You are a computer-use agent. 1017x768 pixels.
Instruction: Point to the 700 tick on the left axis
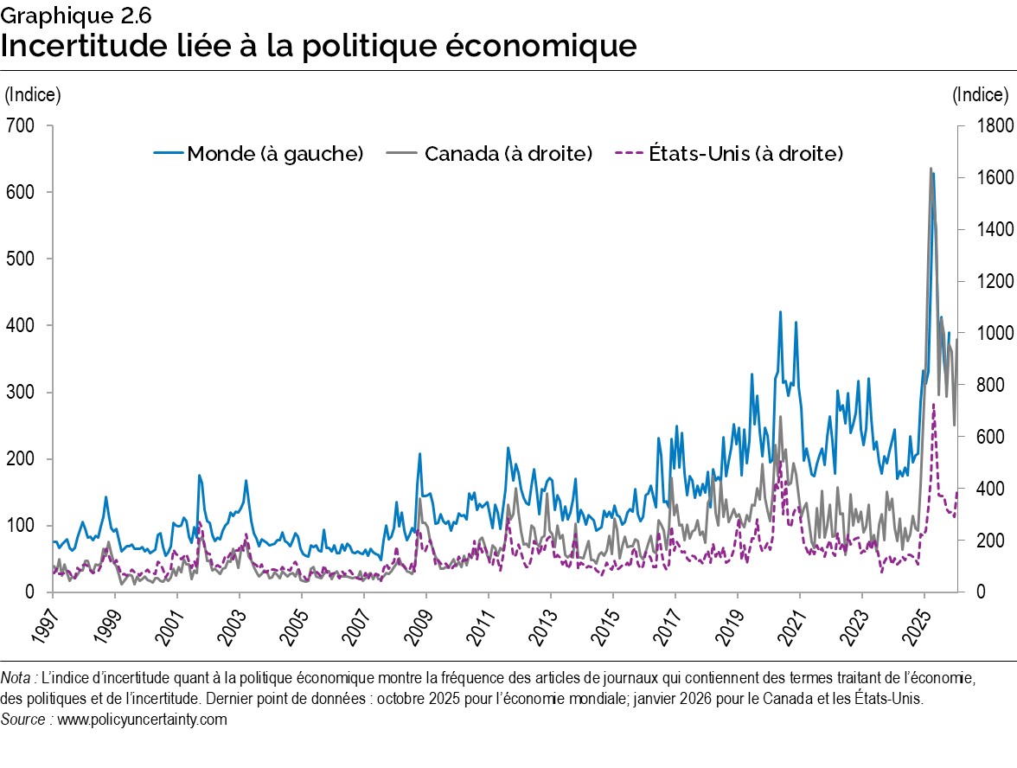pyautogui.click(x=21, y=126)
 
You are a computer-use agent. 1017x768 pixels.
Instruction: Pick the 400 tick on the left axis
pyautogui.click(x=21, y=326)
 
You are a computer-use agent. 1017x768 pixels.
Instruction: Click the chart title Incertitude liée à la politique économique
pyautogui.click(x=318, y=45)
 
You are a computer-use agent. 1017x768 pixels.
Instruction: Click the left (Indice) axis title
pyautogui.click(x=33, y=94)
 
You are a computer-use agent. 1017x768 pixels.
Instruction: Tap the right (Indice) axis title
pyautogui.click(x=981, y=94)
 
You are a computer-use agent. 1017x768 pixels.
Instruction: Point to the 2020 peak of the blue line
pyautogui.click(x=780, y=312)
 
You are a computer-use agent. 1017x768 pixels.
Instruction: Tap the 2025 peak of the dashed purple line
pyautogui.click(x=933, y=405)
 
